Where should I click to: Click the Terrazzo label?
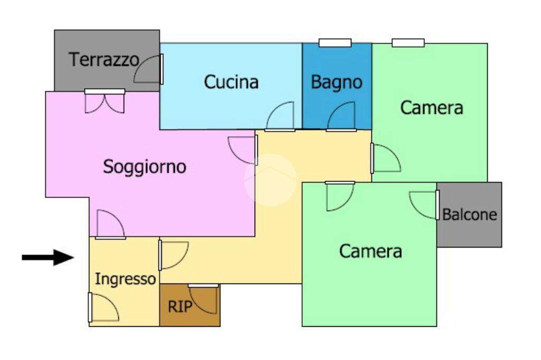click(104, 59)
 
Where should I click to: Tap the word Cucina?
click(231, 82)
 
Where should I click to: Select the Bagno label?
click(337, 82)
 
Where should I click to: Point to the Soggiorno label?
click(144, 167)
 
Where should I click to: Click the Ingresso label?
click(125, 279)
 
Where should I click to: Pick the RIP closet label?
click(180, 307)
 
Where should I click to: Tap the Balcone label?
click(470, 215)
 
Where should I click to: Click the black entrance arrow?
click(48, 258)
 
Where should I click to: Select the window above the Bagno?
click(335, 43)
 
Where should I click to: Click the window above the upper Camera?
click(408, 43)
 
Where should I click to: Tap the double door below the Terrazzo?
click(105, 101)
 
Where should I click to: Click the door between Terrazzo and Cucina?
click(149, 69)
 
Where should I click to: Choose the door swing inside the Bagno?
click(342, 116)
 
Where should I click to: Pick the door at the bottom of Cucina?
click(281, 117)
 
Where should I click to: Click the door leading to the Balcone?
click(425, 205)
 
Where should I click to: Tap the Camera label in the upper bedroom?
click(432, 108)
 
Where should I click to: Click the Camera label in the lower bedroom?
click(370, 251)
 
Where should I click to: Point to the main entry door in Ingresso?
click(104, 307)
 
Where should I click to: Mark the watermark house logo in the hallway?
click(270, 179)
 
